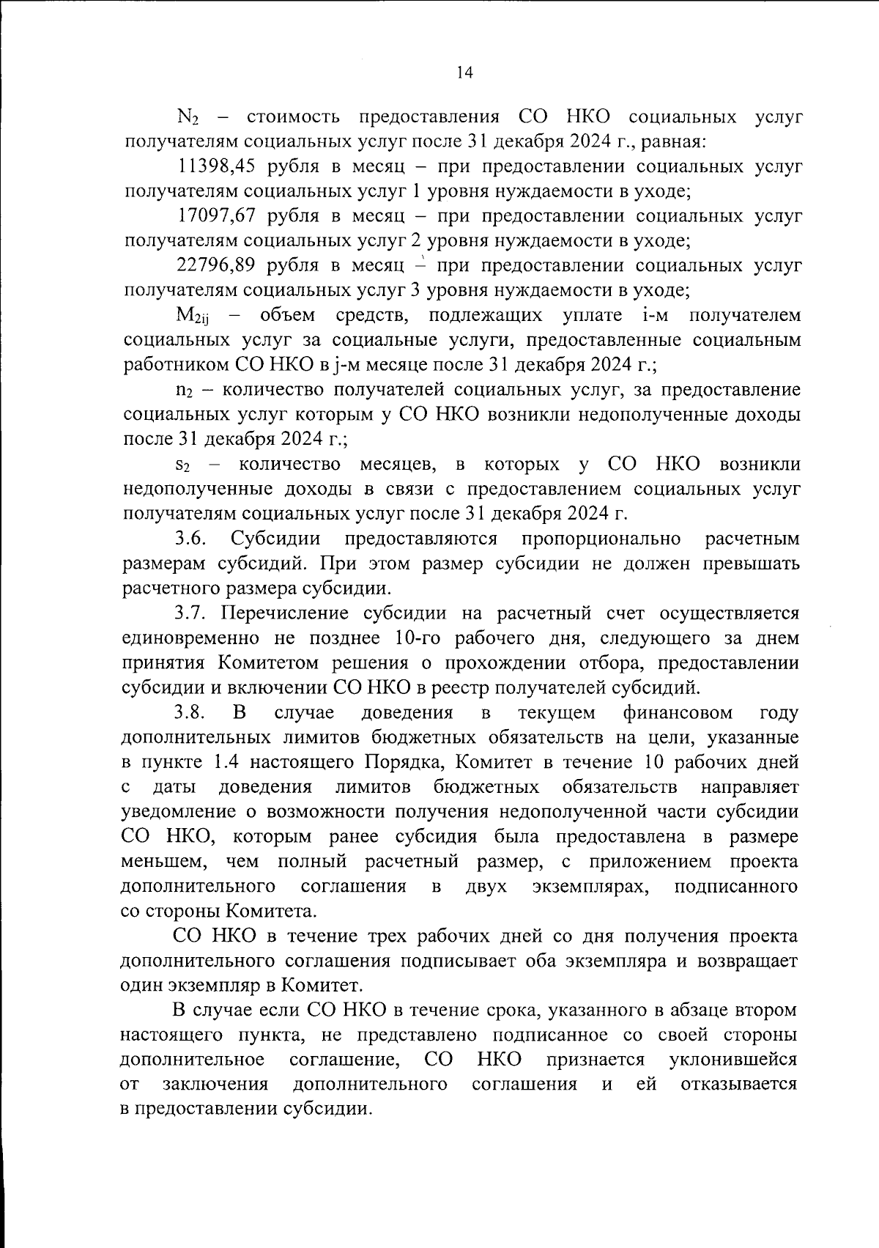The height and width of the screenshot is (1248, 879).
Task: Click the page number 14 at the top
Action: coord(464,72)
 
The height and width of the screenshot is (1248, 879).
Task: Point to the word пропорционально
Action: coord(601,539)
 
